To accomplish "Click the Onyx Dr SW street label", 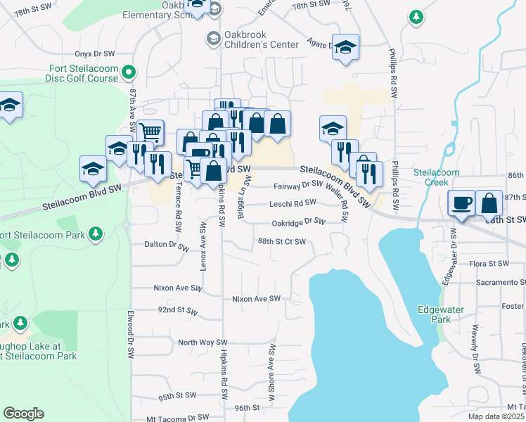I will (x=94, y=53).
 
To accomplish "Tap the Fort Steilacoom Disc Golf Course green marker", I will (x=129, y=71).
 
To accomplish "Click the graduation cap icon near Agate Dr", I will (x=345, y=47).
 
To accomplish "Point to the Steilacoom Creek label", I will (x=436, y=177).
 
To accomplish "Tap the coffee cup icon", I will (x=462, y=203).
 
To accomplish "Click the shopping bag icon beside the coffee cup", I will (x=489, y=203).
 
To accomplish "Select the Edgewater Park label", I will (x=433, y=314).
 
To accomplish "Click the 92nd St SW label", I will (x=177, y=309).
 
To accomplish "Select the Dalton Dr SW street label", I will (x=167, y=247).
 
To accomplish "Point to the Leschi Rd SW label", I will (x=293, y=204).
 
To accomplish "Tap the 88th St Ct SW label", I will (x=281, y=241).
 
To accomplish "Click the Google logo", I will (x=23, y=414).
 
